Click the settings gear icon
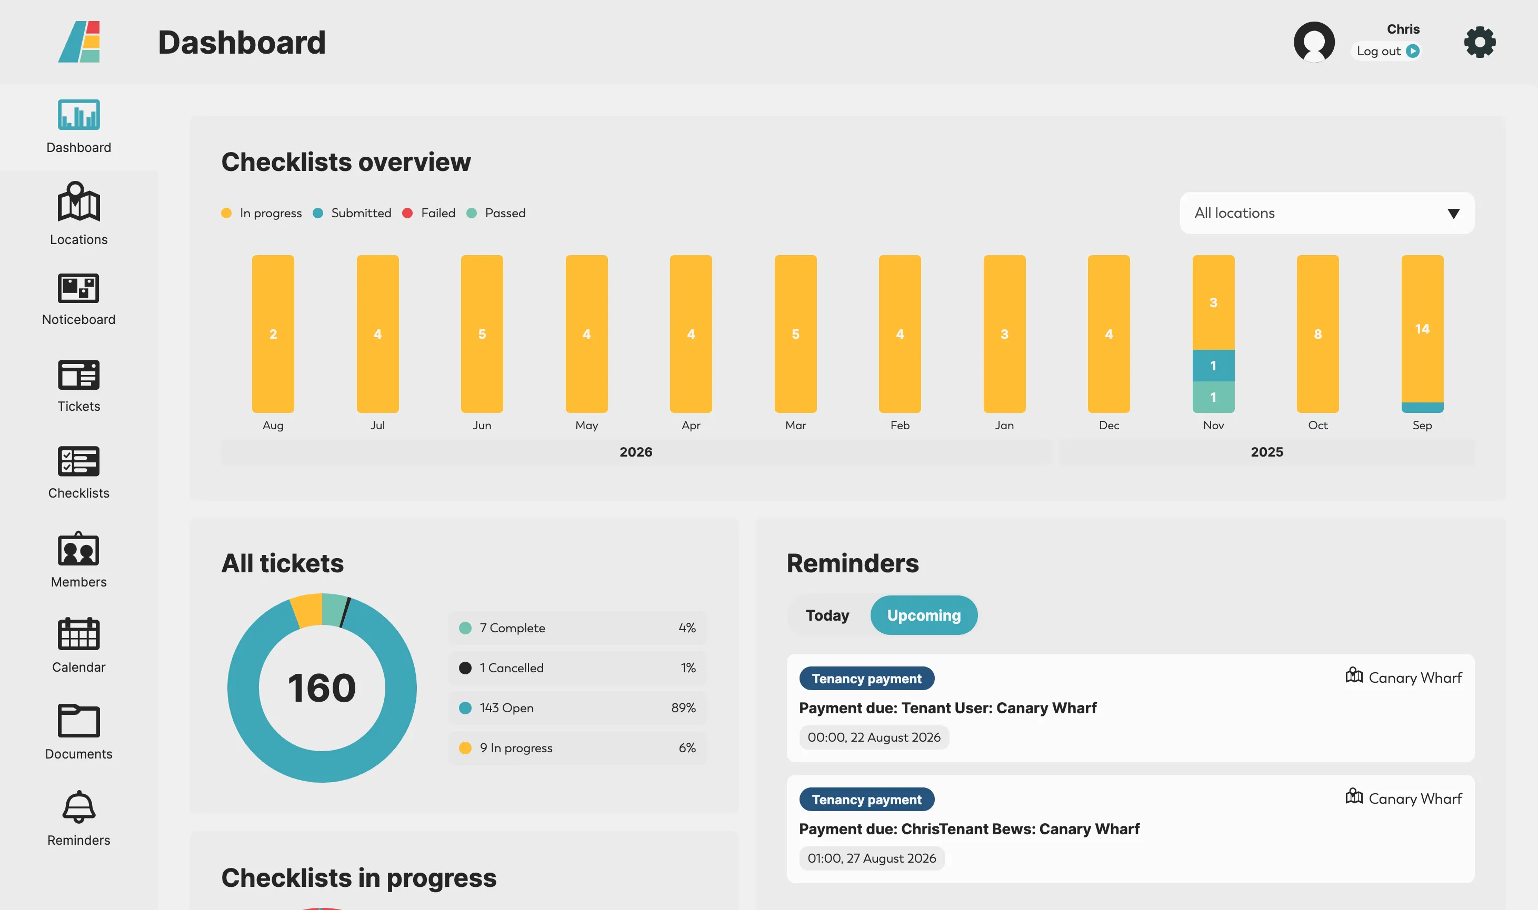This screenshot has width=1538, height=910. [1479, 42]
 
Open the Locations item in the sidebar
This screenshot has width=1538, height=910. [78, 214]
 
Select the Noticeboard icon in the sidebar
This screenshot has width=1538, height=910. [78, 288]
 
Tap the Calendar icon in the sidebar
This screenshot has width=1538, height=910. [78, 633]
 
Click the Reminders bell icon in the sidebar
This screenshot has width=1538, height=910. [78, 806]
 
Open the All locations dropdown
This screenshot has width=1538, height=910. [1326, 213]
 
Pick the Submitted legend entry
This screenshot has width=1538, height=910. [352, 213]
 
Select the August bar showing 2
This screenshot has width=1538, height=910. [273, 333]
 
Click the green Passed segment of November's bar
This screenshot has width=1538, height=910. [1213, 397]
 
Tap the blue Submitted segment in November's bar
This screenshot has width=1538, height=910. [1213, 366]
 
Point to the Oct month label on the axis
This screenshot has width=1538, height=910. [1317, 425]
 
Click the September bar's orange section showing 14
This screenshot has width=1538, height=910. [1422, 329]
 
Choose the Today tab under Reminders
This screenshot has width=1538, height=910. [827, 615]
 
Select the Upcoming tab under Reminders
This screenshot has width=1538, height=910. [923, 615]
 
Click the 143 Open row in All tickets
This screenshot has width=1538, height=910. [577, 707]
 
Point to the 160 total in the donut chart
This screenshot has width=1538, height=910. [322, 687]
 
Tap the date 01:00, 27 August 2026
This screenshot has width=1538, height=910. [871, 858]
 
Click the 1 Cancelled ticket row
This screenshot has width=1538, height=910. [577, 668]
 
